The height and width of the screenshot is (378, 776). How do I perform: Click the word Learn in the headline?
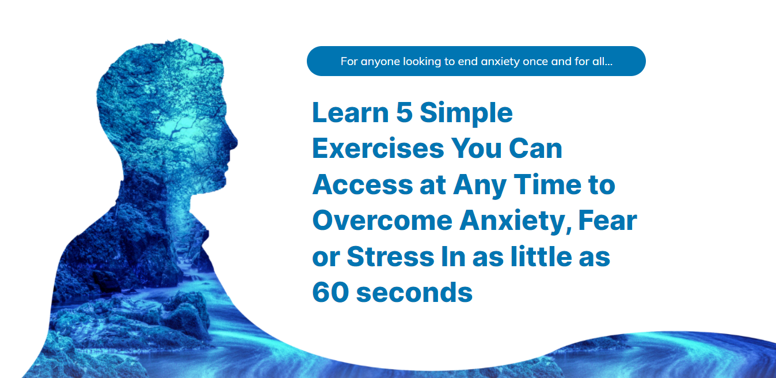pyautogui.click(x=350, y=112)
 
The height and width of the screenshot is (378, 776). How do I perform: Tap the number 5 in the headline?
pyautogui.click(x=404, y=112)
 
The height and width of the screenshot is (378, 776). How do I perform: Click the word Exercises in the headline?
pyautogui.click(x=378, y=149)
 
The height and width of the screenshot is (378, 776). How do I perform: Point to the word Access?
pyautogui.click(x=363, y=184)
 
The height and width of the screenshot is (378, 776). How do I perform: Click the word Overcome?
pyautogui.click(x=382, y=221)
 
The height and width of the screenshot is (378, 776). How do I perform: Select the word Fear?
pyautogui.click(x=608, y=221)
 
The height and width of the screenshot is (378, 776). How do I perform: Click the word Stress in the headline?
pyautogui.click(x=390, y=256)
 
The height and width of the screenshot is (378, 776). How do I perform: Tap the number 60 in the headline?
pyautogui.click(x=330, y=293)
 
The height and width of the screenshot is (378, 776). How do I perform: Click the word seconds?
pyautogui.click(x=414, y=293)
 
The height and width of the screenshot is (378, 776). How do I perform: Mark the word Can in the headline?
pyautogui.click(x=535, y=149)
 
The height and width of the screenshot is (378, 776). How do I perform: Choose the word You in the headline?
pyautogui.click(x=476, y=149)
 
